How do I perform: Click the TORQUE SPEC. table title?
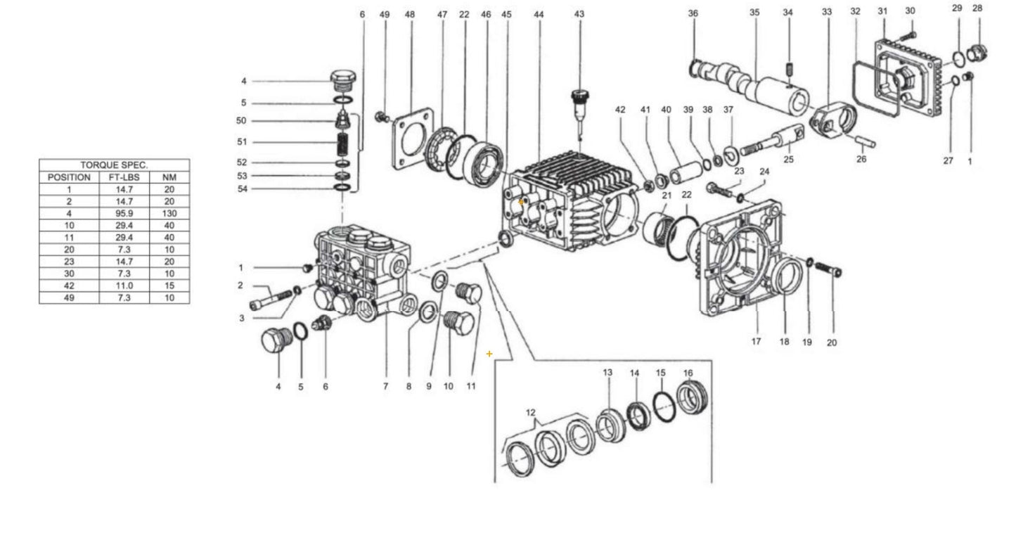(114, 165)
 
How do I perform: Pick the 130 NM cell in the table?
(169, 213)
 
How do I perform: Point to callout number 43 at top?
(579, 14)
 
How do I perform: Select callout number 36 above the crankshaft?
(693, 13)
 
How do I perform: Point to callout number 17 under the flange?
(757, 342)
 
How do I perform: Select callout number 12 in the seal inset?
(531, 412)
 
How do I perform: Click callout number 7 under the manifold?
(385, 386)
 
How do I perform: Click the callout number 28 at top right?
(977, 8)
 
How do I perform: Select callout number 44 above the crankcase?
(539, 14)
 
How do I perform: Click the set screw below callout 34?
(789, 68)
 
